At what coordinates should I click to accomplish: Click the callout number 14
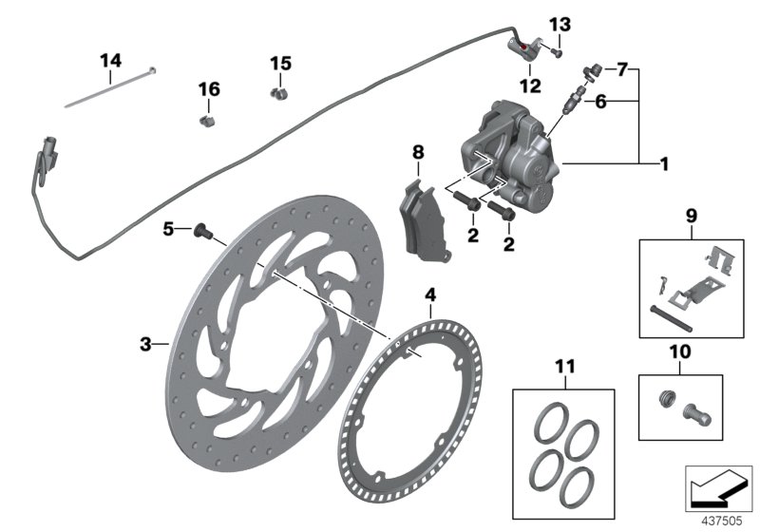click(x=111, y=61)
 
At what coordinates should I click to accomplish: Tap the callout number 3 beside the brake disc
click(x=145, y=344)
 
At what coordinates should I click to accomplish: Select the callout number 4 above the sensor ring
click(x=430, y=295)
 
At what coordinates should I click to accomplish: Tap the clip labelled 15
click(x=278, y=93)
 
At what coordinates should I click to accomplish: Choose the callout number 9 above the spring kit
click(x=690, y=216)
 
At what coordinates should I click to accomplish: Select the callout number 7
click(x=622, y=69)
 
